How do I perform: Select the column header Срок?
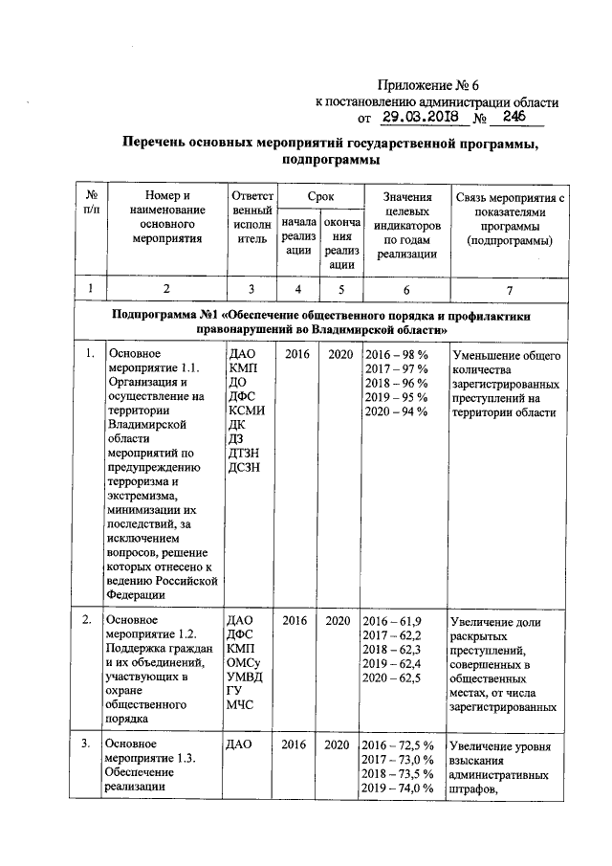point(320,195)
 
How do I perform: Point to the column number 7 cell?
point(509,288)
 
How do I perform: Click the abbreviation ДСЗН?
point(246,466)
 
